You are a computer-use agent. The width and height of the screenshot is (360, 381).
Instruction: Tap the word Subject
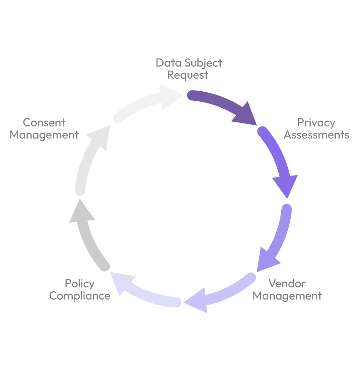pos(203,63)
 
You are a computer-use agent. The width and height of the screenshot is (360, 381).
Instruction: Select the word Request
pos(188,75)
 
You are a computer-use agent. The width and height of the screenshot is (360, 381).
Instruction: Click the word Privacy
pos(316,123)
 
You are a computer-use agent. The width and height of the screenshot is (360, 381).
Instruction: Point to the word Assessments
pos(316,135)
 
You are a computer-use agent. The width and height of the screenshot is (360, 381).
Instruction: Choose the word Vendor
pos(287,284)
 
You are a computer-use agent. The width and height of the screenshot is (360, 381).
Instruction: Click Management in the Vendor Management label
pos(287,296)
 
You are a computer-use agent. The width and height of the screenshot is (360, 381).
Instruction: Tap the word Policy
pos(80,284)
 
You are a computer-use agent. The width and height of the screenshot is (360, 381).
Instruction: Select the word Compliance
pos(80,296)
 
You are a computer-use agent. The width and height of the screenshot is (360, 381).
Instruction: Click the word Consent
pos(44,123)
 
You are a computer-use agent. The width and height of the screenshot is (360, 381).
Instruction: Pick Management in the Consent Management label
pos(44,135)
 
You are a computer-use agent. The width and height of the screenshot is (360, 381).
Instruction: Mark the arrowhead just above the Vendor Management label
pos(266,260)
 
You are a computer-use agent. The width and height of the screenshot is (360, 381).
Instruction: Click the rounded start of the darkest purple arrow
pos(191,96)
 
